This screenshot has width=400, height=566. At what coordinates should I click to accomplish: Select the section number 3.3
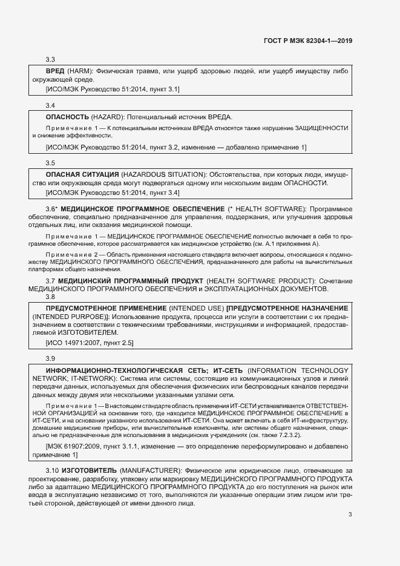tap(51, 59)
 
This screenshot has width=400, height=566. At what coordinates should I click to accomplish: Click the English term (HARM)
tap(79, 71)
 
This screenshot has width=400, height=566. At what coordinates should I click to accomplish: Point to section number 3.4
tap(51, 105)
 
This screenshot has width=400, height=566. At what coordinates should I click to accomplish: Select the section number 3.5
tap(51, 163)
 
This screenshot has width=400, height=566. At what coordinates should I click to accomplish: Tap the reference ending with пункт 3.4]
tap(113, 193)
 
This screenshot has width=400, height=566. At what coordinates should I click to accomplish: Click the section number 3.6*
tap(52, 208)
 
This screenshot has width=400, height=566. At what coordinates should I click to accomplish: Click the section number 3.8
tap(51, 297)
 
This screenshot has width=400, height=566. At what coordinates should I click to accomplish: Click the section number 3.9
tap(51, 359)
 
